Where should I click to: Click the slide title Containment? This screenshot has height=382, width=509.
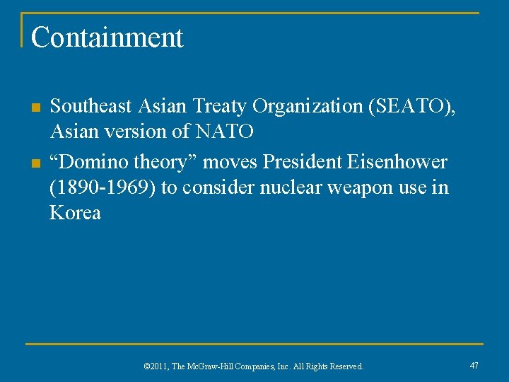(107, 37)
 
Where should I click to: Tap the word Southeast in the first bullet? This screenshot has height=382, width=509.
(91, 107)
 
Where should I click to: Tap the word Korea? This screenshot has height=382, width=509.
(75, 213)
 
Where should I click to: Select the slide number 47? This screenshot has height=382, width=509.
(474, 365)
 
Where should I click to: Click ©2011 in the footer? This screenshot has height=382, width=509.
(156, 366)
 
